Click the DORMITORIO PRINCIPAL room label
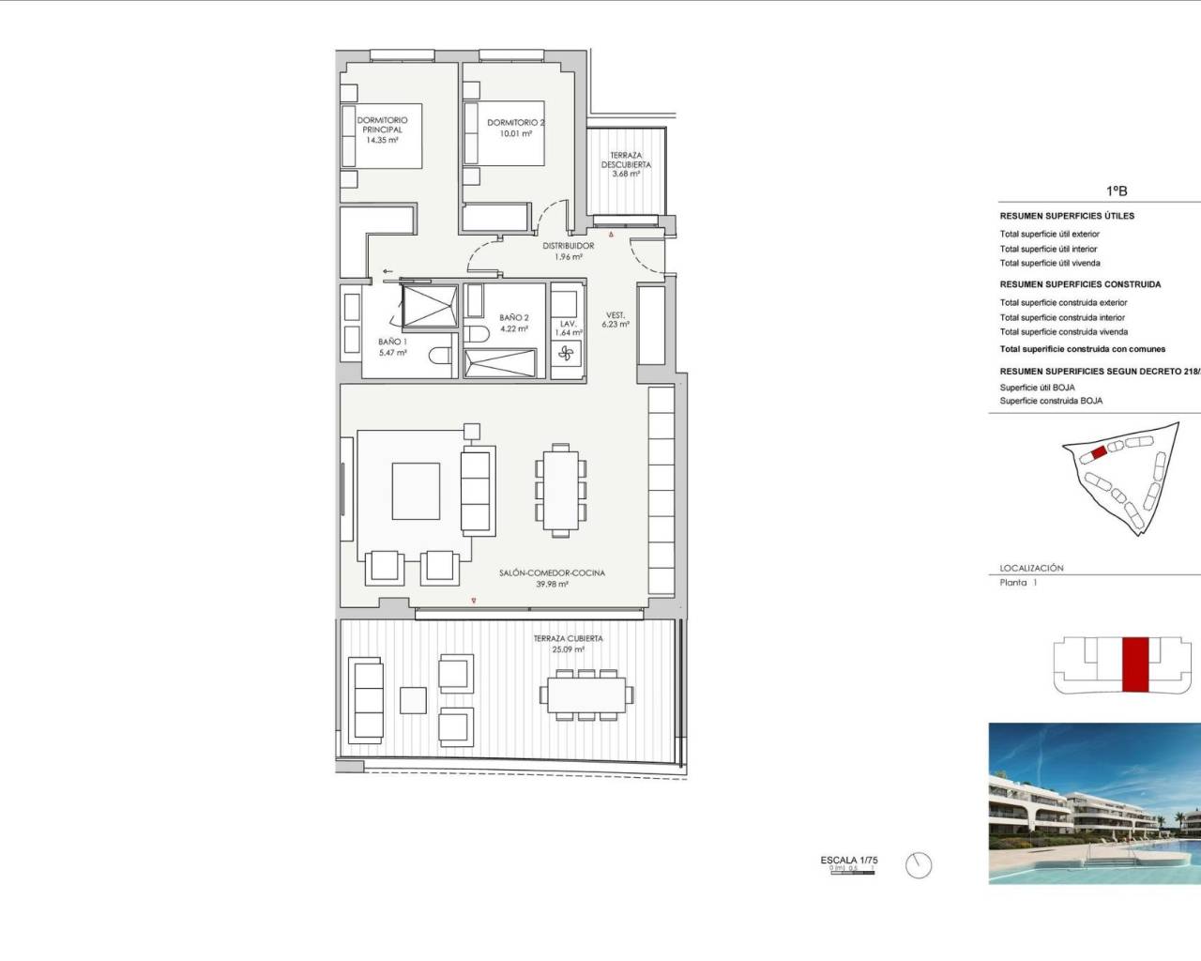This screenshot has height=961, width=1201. point(382,125)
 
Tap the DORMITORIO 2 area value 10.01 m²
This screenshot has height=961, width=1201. point(515,133)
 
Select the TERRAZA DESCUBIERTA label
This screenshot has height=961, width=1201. point(626,164)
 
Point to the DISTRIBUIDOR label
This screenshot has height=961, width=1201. point(568,246)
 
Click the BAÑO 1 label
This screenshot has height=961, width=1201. point(392,342)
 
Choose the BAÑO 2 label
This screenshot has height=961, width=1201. point(513,318)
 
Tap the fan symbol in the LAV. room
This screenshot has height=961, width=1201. point(566,354)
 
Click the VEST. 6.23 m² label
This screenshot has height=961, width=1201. point(616,319)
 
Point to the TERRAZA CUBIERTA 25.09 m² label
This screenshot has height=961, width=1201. point(568,644)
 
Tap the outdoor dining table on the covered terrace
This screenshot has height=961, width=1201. point(585,694)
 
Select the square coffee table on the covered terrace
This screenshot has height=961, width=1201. point(414,700)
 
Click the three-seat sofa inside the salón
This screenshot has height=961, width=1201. point(477,491)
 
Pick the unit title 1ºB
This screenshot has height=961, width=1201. point(1116,191)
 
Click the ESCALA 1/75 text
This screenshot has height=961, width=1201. point(848,860)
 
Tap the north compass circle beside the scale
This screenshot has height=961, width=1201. point(919,865)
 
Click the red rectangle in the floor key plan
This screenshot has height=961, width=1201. point(1135,664)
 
